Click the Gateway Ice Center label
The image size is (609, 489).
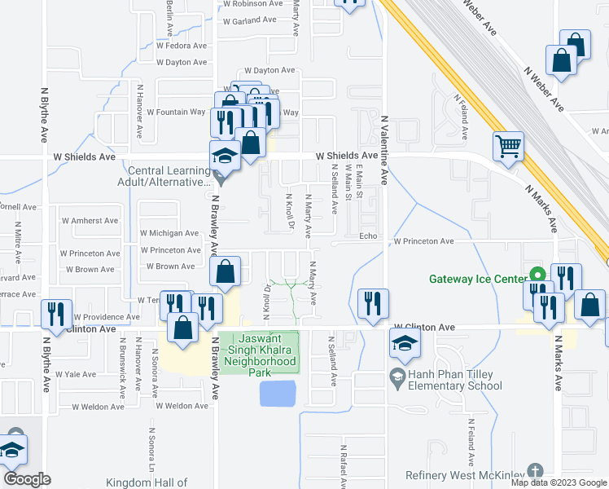[478, 280]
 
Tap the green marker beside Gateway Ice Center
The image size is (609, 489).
[536, 274]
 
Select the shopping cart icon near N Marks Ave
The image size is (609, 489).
[508, 147]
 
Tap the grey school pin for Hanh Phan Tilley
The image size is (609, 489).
[397, 376]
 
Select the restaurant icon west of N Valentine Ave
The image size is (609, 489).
[373, 303]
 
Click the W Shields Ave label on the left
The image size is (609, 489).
[84, 156]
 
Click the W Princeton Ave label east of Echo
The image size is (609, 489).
[424, 242]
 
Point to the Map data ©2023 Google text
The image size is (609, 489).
[559, 482]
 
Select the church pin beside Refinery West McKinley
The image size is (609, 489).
[534, 471]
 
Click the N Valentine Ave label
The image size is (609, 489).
[384, 155]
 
